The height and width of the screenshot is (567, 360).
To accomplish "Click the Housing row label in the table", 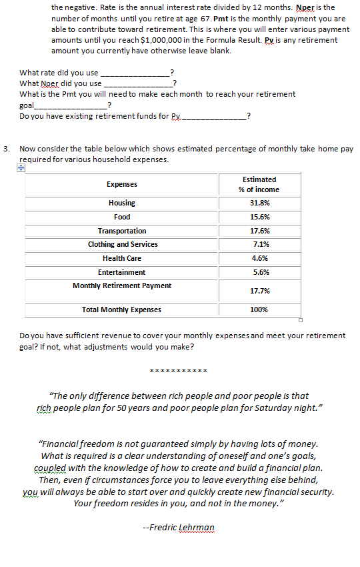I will point(121,203).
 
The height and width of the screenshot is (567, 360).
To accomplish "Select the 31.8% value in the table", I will point(259,203).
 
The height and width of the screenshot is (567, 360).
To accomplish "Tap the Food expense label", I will point(122,217).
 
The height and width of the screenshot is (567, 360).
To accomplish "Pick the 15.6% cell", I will point(259,217).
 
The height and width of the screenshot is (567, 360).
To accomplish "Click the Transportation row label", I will point(122,231).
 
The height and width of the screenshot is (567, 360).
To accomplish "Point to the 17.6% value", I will point(259,231).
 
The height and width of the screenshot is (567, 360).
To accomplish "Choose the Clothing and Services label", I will point(123,244).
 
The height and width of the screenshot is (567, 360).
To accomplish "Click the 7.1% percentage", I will point(259,244).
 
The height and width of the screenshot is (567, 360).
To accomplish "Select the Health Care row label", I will point(122,258).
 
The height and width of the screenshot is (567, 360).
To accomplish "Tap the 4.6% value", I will point(259,258).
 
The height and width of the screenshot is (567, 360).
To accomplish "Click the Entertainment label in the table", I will point(121,272).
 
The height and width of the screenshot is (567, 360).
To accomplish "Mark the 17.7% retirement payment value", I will point(259,291).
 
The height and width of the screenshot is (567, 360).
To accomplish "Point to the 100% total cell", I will point(259,310).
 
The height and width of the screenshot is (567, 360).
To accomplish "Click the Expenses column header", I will point(122,184).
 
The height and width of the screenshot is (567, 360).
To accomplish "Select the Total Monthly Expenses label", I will point(121,310).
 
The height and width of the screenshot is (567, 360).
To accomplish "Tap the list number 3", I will point(6,149).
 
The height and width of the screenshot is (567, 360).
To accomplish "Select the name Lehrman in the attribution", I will point(197,527).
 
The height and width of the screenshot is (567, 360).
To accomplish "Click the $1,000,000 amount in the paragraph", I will point(195,40).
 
